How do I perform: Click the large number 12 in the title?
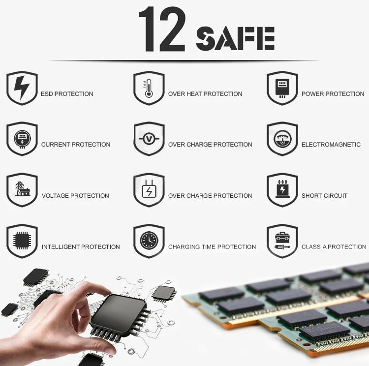[x=161, y=30]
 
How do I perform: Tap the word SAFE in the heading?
[x=235, y=39]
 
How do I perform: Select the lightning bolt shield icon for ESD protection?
[x=22, y=88]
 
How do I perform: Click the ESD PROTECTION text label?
[x=67, y=94]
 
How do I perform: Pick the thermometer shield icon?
[x=149, y=88]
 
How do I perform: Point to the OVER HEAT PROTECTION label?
[x=205, y=94]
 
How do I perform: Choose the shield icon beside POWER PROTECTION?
[x=282, y=88]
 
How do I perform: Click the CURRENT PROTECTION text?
[x=76, y=145]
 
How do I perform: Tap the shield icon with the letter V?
[x=149, y=139]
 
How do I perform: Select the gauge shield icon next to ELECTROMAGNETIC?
[x=282, y=139]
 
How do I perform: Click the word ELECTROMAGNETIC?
[x=331, y=145]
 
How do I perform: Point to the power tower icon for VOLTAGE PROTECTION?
[x=22, y=190]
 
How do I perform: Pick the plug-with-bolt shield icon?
[x=149, y=190]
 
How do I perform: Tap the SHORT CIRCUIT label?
[x=324, y=196]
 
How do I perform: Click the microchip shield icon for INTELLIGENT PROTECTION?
[x=22, y=241]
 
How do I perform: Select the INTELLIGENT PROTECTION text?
[x=81, y=247]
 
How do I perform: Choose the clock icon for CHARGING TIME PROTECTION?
[x=149, y=241]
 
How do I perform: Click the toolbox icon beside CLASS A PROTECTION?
[x=282, y=241]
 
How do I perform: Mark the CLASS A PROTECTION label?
[x=334, y=247]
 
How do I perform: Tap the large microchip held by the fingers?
[x=118, y=315]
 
